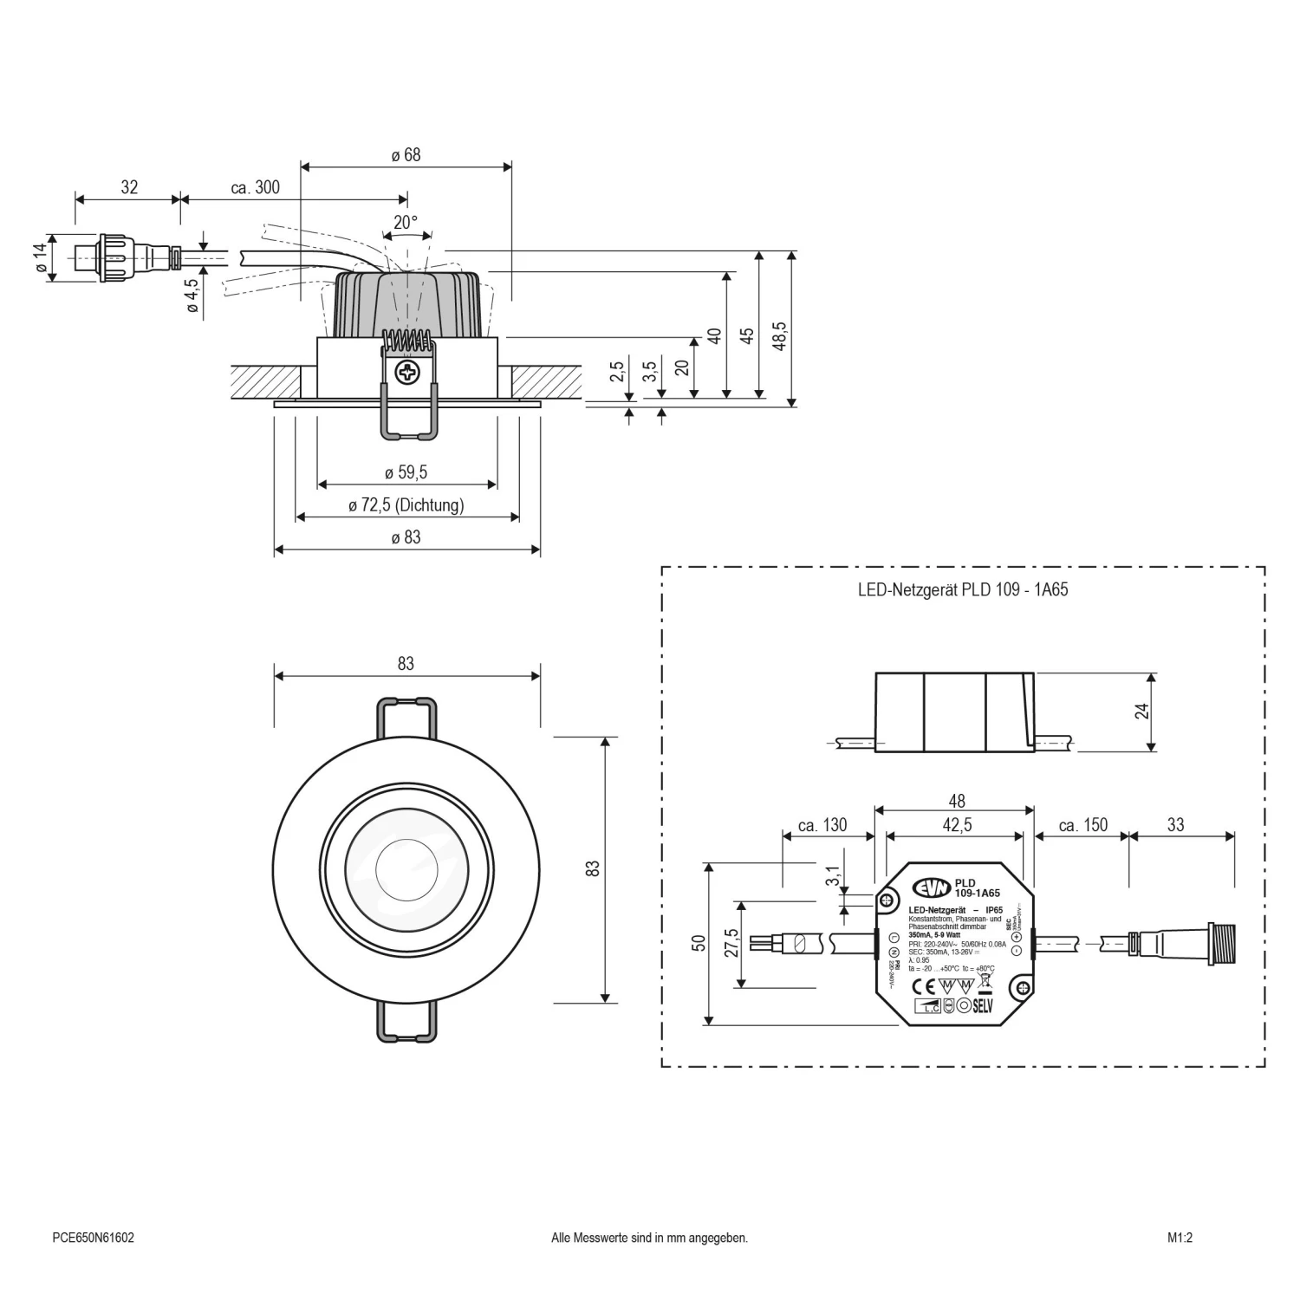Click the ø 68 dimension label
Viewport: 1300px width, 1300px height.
(406, 155)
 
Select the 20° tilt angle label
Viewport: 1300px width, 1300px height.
(406, 222)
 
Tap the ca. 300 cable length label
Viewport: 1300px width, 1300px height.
(255, 187)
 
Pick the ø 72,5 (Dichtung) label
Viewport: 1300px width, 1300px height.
(406, 504)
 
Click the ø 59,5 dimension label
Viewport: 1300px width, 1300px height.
(406, 472)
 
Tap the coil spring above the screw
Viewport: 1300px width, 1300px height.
(406, 341)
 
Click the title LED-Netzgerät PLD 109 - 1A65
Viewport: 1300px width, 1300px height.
(962, 590)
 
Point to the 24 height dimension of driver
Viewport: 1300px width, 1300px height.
(1141, 711)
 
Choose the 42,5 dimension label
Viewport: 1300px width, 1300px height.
(956, 825)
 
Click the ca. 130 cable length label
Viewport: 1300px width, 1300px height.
(822, 825)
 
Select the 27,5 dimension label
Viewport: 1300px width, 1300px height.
(731, 943)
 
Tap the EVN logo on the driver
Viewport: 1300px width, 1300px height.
(931, 887)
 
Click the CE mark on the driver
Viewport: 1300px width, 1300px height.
(925, 986)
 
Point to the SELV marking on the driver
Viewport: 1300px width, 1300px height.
(981, 1006)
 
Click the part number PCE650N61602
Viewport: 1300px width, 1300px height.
(93, 1238)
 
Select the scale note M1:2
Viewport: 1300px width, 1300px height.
(1180, 1238)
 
